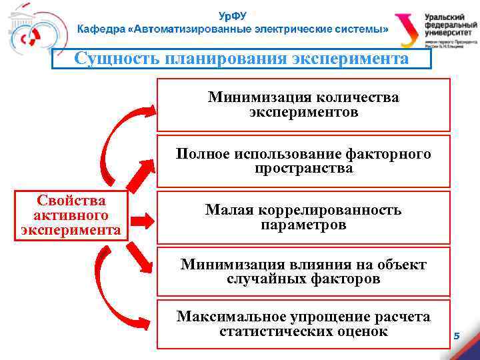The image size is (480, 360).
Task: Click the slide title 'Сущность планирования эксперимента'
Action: pyautogui.click(x=241, y=59)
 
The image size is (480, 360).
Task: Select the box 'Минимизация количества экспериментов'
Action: pyautogui.click(x=303, y=105)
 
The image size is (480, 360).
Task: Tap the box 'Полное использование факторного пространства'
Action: pyautogui.click(x=303, y=161)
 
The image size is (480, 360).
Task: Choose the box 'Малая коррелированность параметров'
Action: pyautogui.click(x=303, y=217)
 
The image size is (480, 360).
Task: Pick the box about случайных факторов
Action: pyautogui.click(x=303, y=272)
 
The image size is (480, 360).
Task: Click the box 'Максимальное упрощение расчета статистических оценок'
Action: pyautogui.click(x=303, y=323)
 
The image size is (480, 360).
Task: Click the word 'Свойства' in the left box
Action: pyautogui.click(x=71, y=201)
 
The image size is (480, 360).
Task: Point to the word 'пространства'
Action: pyautogui.click(x=303, y=169)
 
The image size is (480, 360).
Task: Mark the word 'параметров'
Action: pyautogui.click(x=303, y=225)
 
